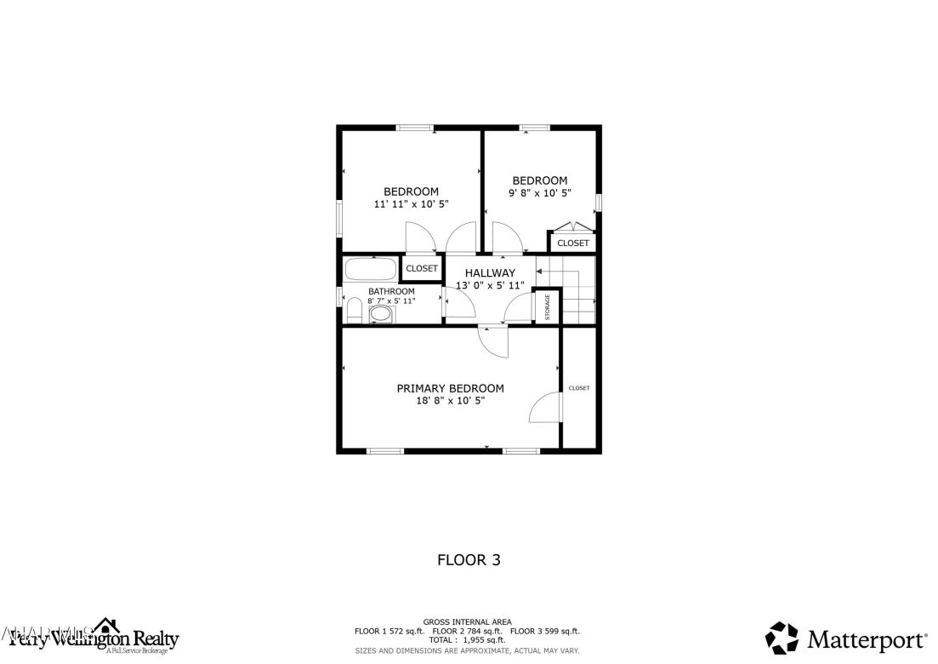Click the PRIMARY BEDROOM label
(x=450, y=388)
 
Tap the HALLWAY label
(x=484, y=272)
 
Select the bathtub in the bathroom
(x=370, y=270)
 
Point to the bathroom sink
(x=382, y=314)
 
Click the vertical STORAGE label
(x=548, y=306)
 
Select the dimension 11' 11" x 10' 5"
(x=411, y=204)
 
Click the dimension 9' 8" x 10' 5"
(x=539, y=193)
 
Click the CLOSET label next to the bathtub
(x=421, y=268)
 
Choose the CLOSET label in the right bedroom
(x=572, y=243)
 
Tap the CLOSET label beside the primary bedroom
(x=579, y=388)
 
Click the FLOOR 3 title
(x=469, y=560)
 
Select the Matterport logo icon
(x=782, y=638)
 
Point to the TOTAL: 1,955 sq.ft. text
(x=467, y=639)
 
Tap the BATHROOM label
(x=391, y=291)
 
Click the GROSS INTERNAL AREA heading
(x=467, y=622)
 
